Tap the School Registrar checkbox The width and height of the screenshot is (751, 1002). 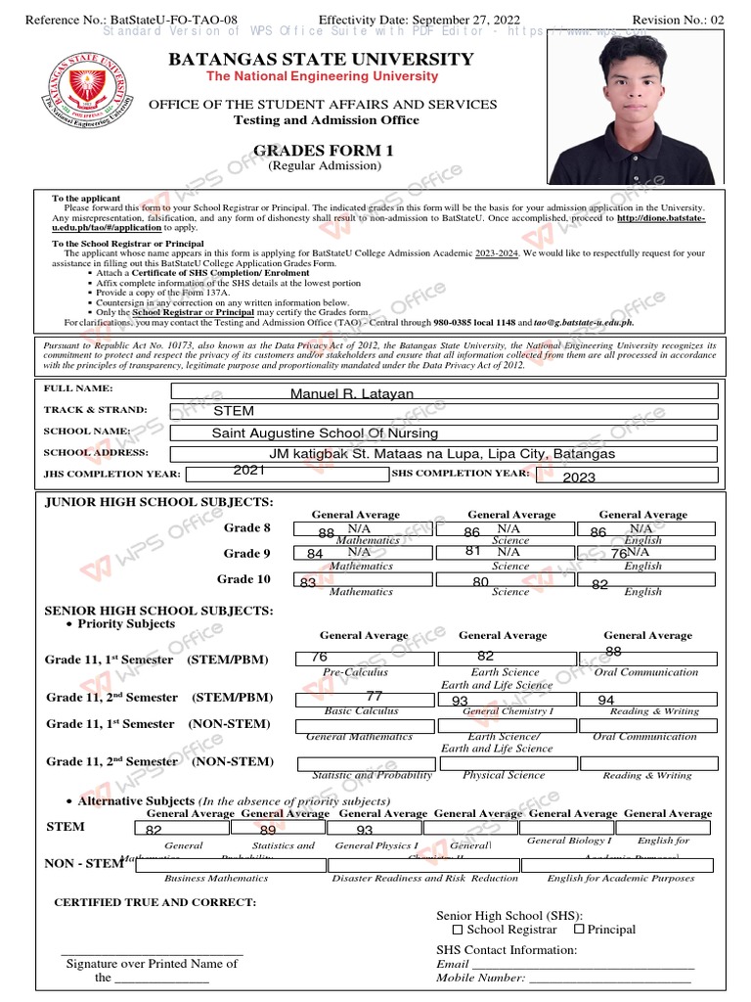458,930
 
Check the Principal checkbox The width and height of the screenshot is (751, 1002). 579,929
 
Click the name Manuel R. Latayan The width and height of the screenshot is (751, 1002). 352,393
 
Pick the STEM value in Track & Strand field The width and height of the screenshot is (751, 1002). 233,411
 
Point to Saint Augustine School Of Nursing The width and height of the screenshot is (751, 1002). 325,433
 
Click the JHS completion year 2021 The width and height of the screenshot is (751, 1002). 249,471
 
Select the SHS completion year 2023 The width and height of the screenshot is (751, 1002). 579,477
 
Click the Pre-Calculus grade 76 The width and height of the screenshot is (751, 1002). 319,657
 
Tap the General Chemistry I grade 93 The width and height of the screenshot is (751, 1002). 460,701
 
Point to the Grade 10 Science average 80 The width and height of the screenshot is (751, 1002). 480,582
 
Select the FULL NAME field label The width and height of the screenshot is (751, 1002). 73,389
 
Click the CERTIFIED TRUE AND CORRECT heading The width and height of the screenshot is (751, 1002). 155,902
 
